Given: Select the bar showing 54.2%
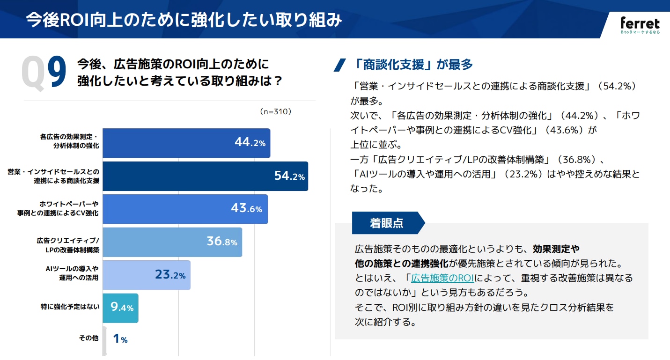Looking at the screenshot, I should pos(205,176).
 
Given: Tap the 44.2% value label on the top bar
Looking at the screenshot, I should pos(250,143).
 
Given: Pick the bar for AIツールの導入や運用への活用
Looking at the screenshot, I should pos(146,275).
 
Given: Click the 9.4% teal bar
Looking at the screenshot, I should pos(120,308).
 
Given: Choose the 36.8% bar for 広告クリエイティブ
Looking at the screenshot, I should pos(172,242).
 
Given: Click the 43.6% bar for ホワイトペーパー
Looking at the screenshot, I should pos(185,209).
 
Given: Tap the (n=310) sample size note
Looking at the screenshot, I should pos(275,111).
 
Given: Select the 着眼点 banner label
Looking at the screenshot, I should pos(386,223).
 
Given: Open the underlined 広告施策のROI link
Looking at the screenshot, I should pos(442,278).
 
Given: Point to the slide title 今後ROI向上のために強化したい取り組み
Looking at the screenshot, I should pos(184,20).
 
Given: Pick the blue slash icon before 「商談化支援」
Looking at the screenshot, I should pos(339,65).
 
